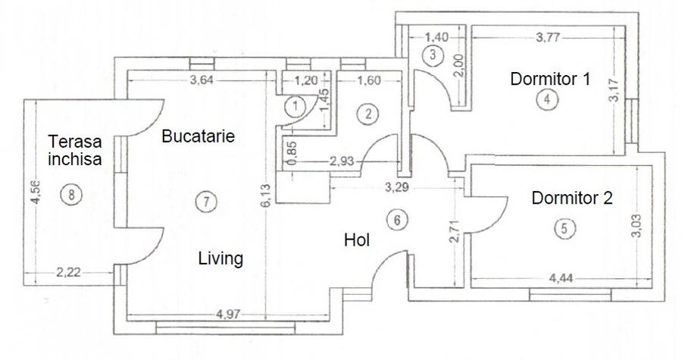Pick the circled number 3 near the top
(433, 55)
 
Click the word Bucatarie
(198, 137)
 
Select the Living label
(221, 258)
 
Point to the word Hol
(356, 240)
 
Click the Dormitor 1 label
(549, 78)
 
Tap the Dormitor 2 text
(571, 199)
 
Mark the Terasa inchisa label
(74, 150)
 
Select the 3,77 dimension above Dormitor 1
(547, 35)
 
